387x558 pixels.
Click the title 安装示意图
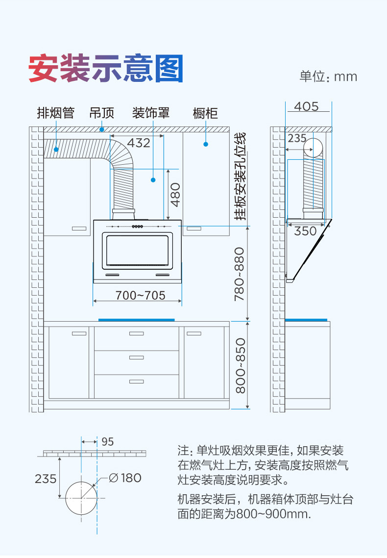click(x=106, y=68)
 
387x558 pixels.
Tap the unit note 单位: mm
click(x=328, y=76)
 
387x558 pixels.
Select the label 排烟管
click(x=56, y=113)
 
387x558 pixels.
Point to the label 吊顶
click(x=101, y=113)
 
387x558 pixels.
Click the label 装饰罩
click(x=151, y=113)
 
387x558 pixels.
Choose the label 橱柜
click(x=205, y=114)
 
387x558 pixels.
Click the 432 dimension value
click(x=139, y=143)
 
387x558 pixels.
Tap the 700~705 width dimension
click(x=141, y=295)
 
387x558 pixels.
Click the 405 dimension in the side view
click(x=307, y=106)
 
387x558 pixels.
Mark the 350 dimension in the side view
click(x=305, y=230)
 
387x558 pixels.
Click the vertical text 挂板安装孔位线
click(x=240, y=176)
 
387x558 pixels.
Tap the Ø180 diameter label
click(x=125, y=477)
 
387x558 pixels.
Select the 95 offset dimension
click(x=107, y=441)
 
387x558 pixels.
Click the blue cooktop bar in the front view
click(x=136, y=320)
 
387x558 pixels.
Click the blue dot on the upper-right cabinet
click(x=206, y=144)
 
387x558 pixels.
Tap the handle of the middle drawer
click(x=137, y=357)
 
